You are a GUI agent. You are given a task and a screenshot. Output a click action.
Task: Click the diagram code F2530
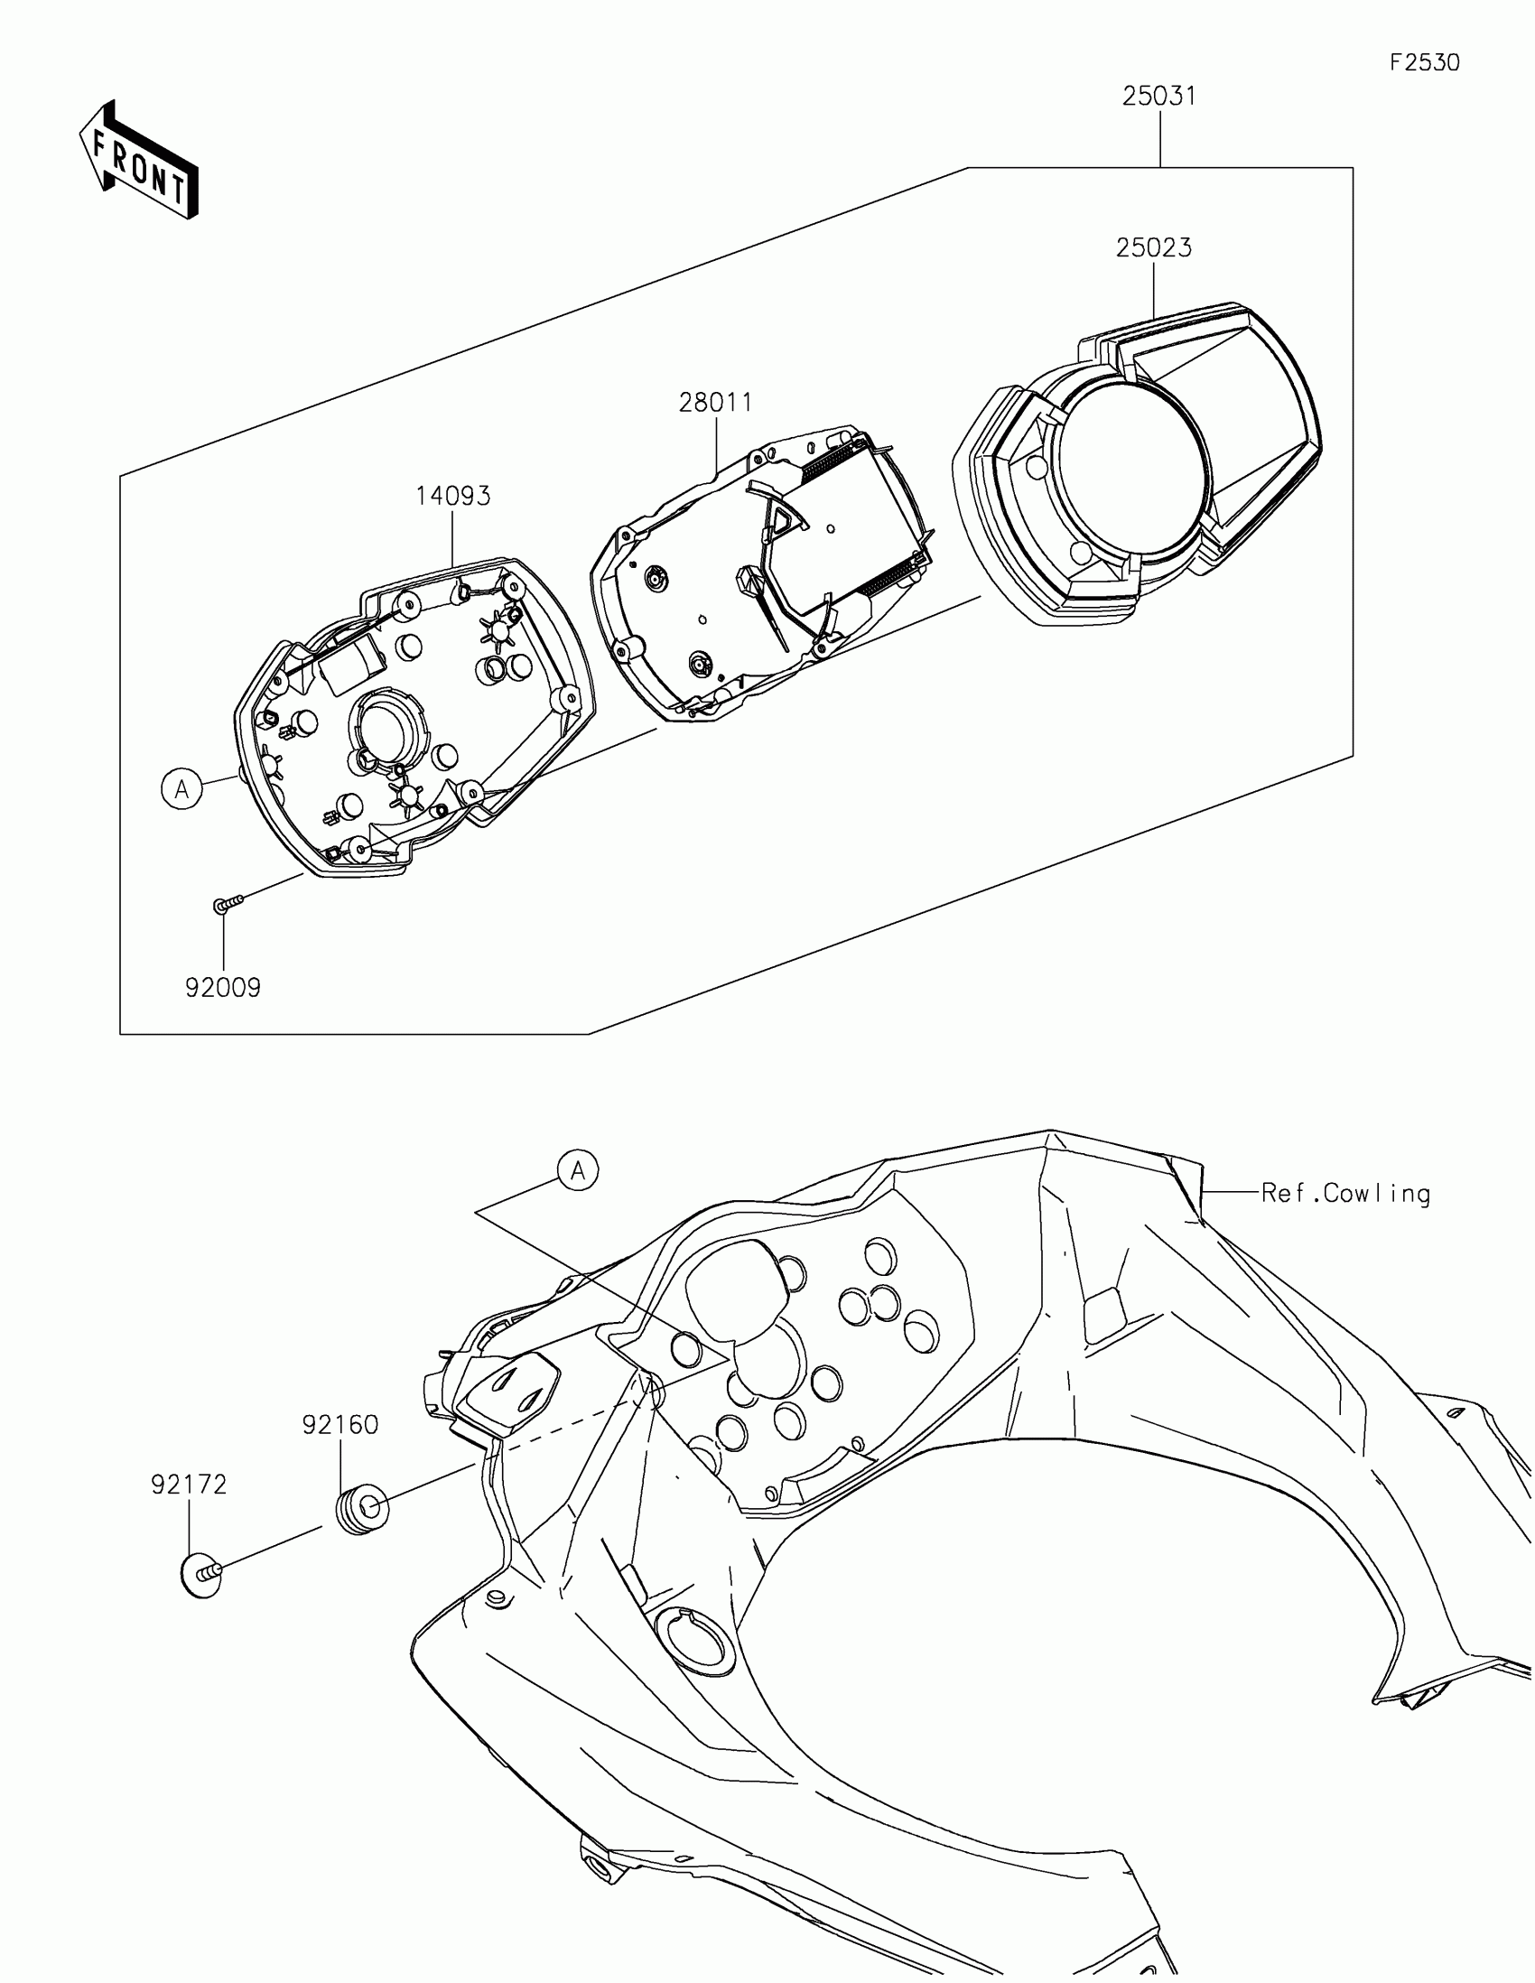pyautogui.click(x=1424, y=62)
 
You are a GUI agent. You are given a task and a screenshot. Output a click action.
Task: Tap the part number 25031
pyautogui.click(x=1159, y=97)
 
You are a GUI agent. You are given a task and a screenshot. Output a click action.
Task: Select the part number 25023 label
pyautogui.click(x=1154, y=247)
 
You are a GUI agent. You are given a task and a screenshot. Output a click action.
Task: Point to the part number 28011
pyautogui.click(x=716, y=402)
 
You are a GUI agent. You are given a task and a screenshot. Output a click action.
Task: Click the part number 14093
pyautogui.click(x=453, y=496)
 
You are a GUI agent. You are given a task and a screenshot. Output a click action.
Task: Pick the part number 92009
pyautogui.click(x=223, y=987)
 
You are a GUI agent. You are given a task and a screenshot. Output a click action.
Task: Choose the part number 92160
pyautogui.click(x=340, y=1425)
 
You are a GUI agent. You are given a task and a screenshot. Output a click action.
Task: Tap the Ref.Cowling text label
pyautogui.click(x=1345, y=1193)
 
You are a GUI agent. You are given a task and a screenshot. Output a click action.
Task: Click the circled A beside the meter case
pyautogui.click(x=182, y=789)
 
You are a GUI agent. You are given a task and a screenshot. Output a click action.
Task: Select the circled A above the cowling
pyautogui.click(x=578, y=1171)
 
